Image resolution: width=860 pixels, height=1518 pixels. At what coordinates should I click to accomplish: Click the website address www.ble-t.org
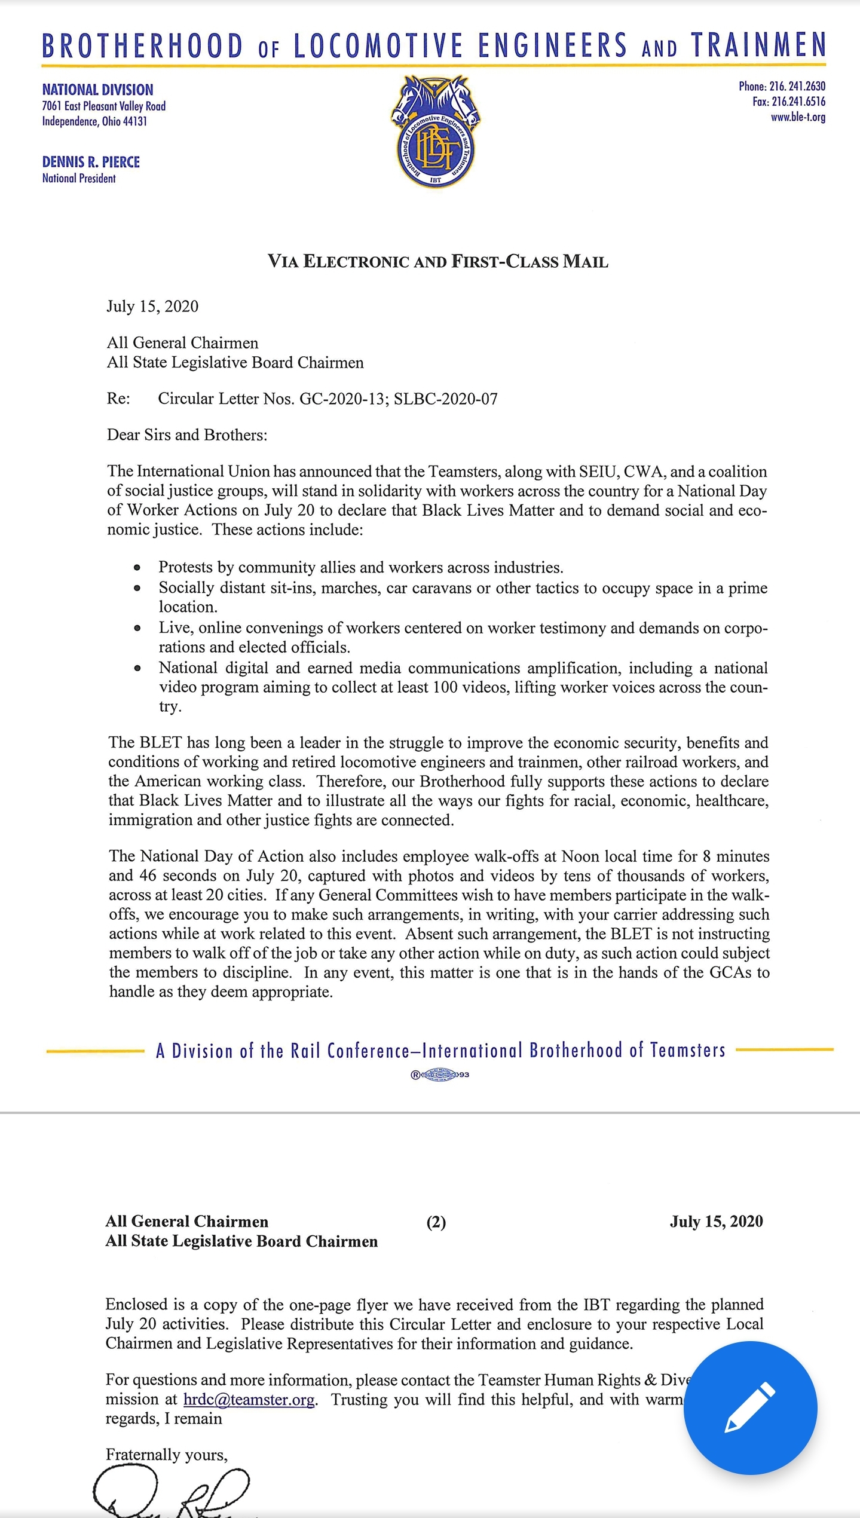click(798, 117)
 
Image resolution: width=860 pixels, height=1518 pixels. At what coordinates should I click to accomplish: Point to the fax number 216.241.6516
click(798, 102)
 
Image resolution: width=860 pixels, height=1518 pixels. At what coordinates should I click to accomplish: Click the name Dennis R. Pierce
click(91, 162)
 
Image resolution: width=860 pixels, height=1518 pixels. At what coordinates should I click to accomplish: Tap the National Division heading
click(97, 90)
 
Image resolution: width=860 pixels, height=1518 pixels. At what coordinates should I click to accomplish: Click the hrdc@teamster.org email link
click(249, 1399)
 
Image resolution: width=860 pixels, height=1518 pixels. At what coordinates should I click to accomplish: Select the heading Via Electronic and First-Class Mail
click(437, 261)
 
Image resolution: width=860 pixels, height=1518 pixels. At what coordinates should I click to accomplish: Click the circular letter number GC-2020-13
click(341, 399)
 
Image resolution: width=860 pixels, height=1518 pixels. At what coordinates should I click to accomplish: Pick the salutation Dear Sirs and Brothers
click(187, 434)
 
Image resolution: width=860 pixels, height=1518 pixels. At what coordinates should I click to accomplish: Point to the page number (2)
click(436, 1222)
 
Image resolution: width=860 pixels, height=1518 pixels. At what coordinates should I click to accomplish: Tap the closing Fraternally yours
click(167, 1454)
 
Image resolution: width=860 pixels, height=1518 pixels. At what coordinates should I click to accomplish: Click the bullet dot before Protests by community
click(137, 567)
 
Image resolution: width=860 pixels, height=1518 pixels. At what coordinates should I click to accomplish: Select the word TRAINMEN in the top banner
click(758, 45)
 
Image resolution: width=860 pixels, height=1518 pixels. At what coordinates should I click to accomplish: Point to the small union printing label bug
click(440, 1075)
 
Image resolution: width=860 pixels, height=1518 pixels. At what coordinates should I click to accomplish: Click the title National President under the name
click(79, 178)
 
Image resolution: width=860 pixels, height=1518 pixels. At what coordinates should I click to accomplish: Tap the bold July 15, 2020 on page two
click(716, 1221)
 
